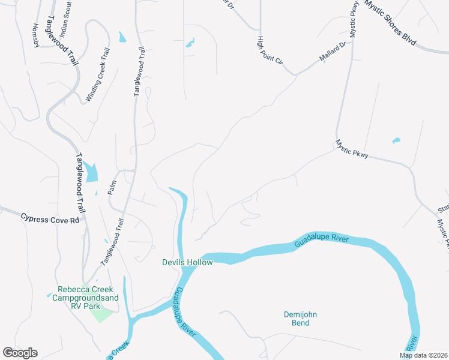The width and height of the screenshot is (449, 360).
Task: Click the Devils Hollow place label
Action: (187, 262)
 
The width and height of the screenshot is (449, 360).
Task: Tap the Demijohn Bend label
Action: (297, 319)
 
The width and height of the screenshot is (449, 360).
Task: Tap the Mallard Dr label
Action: (333, 53)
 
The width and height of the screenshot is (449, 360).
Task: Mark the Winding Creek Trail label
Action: (100, 75)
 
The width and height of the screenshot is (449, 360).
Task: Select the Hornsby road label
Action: (35, 35)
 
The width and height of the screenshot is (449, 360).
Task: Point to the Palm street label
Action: (111, 188)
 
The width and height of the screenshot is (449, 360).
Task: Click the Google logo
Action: (20, 353)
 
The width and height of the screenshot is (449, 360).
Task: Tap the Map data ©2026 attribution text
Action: (423, 355)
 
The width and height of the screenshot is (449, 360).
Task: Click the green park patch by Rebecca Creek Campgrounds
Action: (104, 313)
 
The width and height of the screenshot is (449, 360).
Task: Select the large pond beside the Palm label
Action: (91, 173)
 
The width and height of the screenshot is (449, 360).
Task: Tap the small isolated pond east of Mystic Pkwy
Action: (396, 141)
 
